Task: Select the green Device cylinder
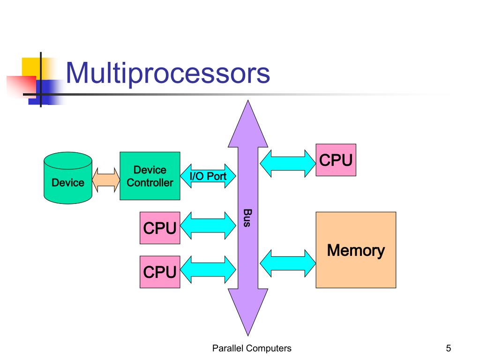[x=68, y=178]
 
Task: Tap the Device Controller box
[x=150, y=176]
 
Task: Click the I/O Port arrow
[x=208, y=176]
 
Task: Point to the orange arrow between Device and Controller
[x=106, y=180]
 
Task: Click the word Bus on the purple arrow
[x=247, y=217]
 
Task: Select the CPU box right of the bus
[x=336, y=160]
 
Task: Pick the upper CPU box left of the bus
[x=160, y=228]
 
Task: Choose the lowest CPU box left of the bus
[x=160, y=272]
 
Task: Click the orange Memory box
[x=356, y=250]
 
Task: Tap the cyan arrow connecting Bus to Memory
[x=288, y=263]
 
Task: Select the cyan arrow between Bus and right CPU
[x=288, y=164]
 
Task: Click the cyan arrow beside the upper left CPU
[x=208, y=225]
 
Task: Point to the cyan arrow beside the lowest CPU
[x=208, y=270]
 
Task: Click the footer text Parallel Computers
[x=252, y=348]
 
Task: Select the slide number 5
[x=449, y=348]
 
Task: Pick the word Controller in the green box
[x=150, y=183]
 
